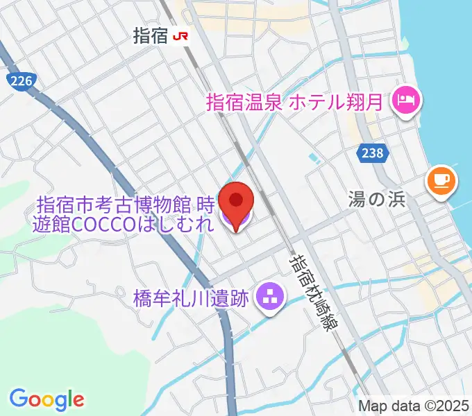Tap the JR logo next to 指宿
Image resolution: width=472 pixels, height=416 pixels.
(181, 37)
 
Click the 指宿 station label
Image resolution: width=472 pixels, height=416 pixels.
(151, 37)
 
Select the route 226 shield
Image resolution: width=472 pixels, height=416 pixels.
(22, 82)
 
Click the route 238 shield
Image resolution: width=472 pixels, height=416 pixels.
(372, 154)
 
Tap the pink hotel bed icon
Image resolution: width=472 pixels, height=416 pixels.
(405, 102)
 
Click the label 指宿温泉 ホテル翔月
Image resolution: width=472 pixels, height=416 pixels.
(294, 103)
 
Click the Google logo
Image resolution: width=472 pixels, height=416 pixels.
(47, 399)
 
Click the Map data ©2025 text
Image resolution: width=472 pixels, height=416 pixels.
(414, 406)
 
